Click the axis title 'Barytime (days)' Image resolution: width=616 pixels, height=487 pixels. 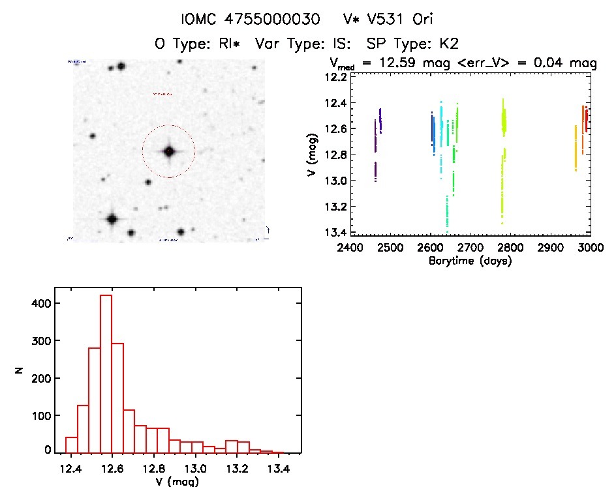pyautogui.click(x=470, y=261)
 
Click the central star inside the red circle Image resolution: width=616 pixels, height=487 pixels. pyautogui.click(x=169, y=151)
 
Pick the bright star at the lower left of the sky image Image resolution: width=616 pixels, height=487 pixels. pyautogui.click(x=112, y=219)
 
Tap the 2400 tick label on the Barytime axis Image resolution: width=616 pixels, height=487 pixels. pyautogui.click(x=350, y=248)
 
